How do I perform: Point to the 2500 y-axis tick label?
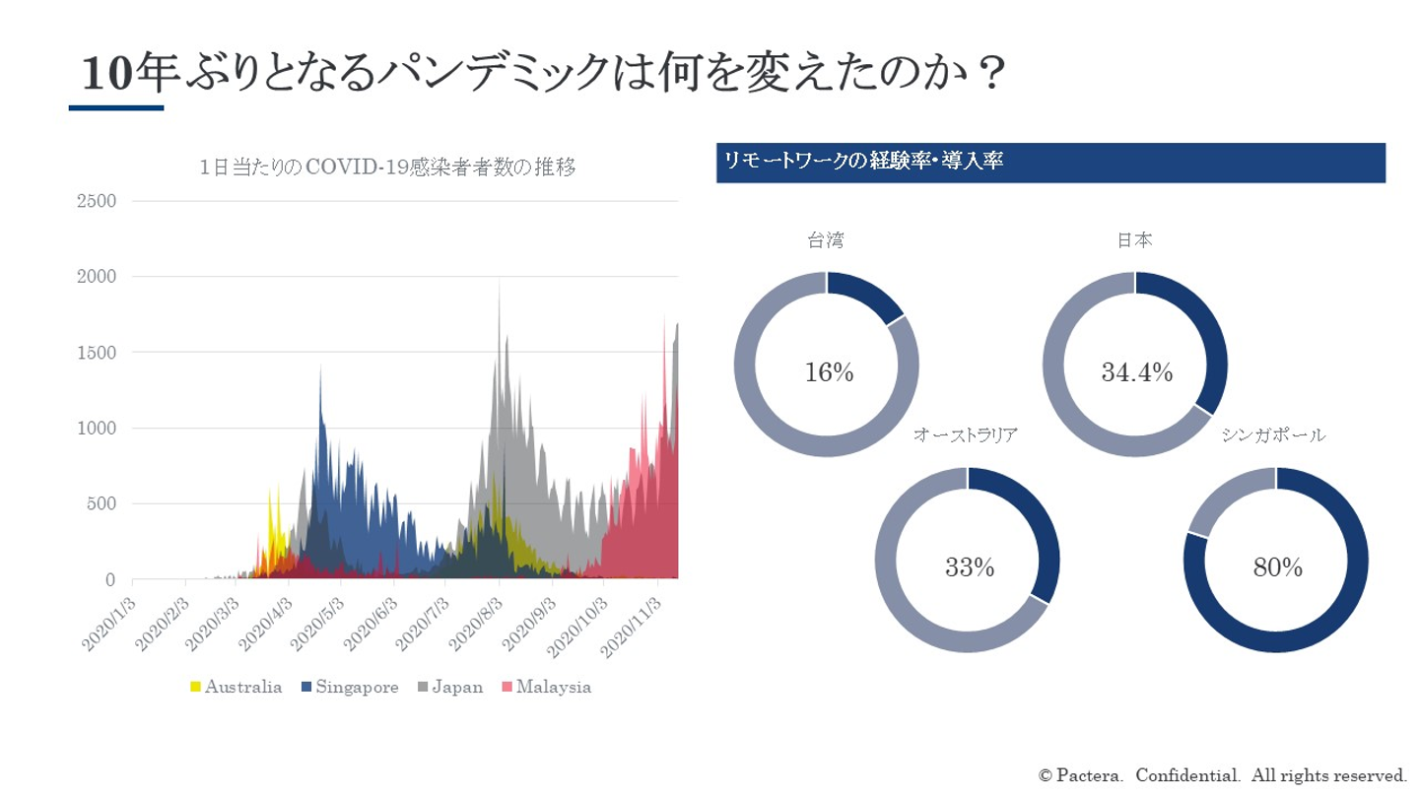click(96, 201)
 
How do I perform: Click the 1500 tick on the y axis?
click(96, 353)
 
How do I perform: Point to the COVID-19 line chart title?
click(386, 167)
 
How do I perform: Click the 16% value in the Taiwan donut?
click(827, 373)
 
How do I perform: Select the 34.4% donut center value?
click(1135, 373)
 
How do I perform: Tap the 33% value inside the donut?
click(969, 568)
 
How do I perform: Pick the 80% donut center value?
click(1277, 568)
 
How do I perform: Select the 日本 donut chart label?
click(1135, 239)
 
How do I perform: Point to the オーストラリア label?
click(965, 434)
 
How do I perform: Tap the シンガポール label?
click(1273, 434)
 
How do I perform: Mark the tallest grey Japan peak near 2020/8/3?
click(500, 283)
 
